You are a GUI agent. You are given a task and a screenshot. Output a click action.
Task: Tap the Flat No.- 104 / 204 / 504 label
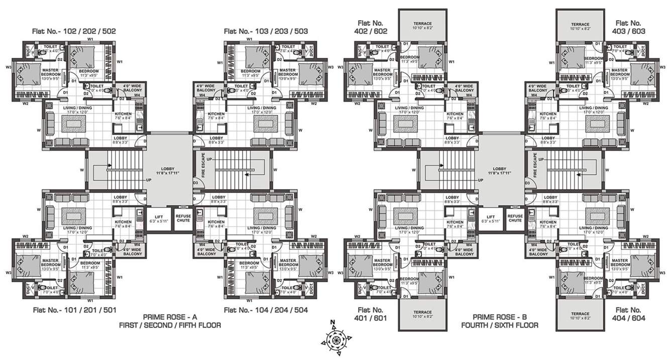(266, 310)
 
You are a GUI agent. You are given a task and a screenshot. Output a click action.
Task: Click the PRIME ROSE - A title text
(169, 317)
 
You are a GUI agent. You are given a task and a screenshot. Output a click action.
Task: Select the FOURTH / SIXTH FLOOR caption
(500, 325)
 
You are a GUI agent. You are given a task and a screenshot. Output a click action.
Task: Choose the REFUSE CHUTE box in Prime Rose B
(515, 218)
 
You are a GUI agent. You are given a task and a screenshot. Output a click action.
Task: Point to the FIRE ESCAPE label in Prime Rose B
(535, 165)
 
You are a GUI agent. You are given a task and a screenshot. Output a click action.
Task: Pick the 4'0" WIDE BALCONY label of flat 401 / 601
(463, 252)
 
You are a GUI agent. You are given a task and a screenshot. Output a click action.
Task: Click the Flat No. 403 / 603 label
(628, 27)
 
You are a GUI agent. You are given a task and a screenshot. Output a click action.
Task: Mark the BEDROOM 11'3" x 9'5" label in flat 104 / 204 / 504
(249, 265)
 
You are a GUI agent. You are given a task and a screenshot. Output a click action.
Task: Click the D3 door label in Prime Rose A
(196, 183)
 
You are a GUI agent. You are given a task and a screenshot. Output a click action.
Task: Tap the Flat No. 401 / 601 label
(371, 314)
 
